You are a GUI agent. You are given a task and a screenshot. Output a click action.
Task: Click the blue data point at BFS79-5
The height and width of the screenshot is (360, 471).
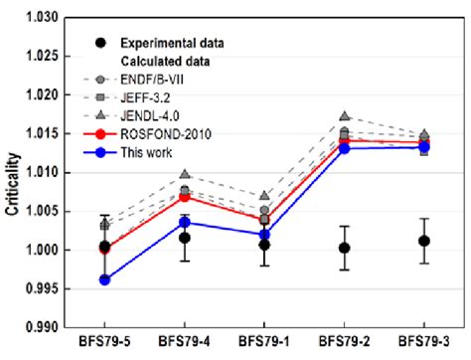(x=104, y=279)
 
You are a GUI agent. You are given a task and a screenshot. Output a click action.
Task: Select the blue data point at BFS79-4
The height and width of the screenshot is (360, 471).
(x=185, y=222)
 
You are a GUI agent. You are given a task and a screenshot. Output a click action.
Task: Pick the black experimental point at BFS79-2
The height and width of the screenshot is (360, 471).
(x=344, y=248)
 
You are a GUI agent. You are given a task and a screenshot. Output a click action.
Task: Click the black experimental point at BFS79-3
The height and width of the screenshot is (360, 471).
(x=423, y=241)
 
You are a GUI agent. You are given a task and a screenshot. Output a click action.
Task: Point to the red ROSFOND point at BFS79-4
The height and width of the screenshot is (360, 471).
(x=185, y=197)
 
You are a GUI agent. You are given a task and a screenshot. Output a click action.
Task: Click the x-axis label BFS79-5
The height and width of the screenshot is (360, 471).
(x=104, y=344)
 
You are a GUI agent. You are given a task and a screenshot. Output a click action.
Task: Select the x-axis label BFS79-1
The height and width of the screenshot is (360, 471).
(x=264, y=344)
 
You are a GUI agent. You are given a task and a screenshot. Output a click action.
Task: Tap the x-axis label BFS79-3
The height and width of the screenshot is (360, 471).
(x=423, y=344)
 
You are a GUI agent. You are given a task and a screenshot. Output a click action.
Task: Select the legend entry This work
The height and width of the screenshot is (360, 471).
(x=146, y=152)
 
